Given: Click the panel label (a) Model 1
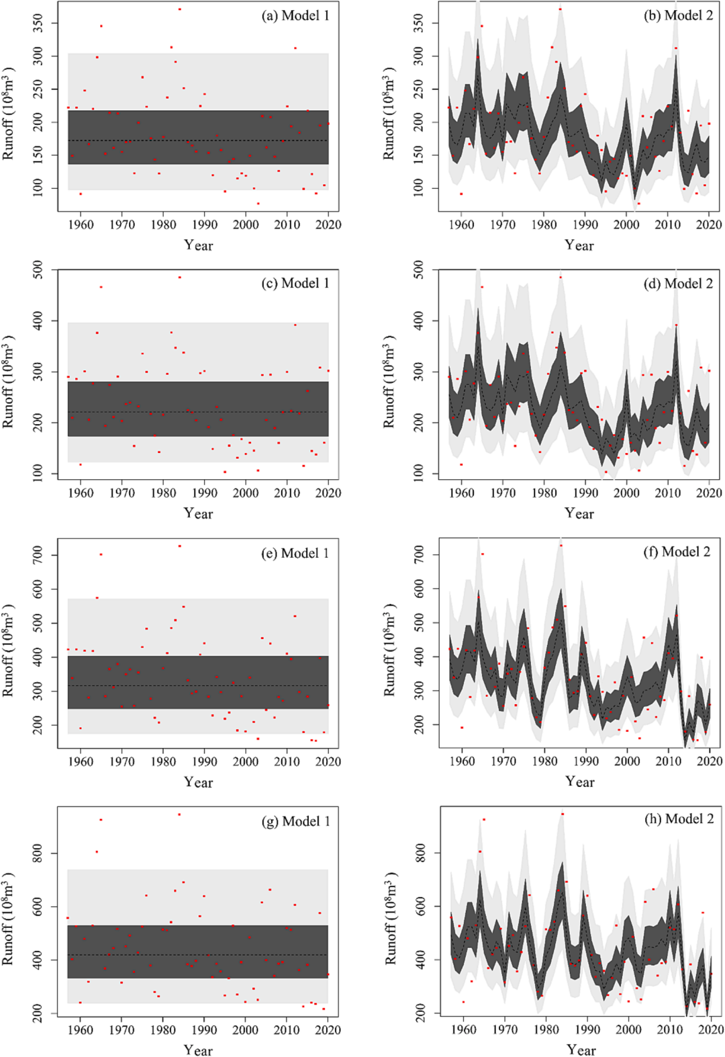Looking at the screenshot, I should tap(295, 15).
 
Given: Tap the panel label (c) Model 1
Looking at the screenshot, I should tap(295, 283).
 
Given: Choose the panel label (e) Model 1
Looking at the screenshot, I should tap(295, 553).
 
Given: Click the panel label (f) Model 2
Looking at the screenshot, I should tap(677, 552).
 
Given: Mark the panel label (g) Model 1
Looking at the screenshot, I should tap(296, 821).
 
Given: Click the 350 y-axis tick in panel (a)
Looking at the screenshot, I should tap(38, 24).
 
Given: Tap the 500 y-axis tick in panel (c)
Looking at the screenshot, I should tap(38, 271).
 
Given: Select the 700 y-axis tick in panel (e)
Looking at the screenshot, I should tap(38, 554).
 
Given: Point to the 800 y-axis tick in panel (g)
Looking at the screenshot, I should tap(38, 854).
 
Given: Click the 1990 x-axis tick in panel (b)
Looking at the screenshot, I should tap(585, 224).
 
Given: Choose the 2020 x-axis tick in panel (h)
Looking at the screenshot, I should tap(712, 1029).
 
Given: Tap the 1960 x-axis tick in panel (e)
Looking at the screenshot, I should tap(81, 761).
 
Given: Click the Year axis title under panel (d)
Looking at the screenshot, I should tap(579, 513).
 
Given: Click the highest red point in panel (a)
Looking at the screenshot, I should tap(179, 9).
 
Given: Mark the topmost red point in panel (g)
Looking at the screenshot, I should tap(179, 814).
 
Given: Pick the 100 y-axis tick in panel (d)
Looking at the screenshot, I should tap(419, 473).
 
